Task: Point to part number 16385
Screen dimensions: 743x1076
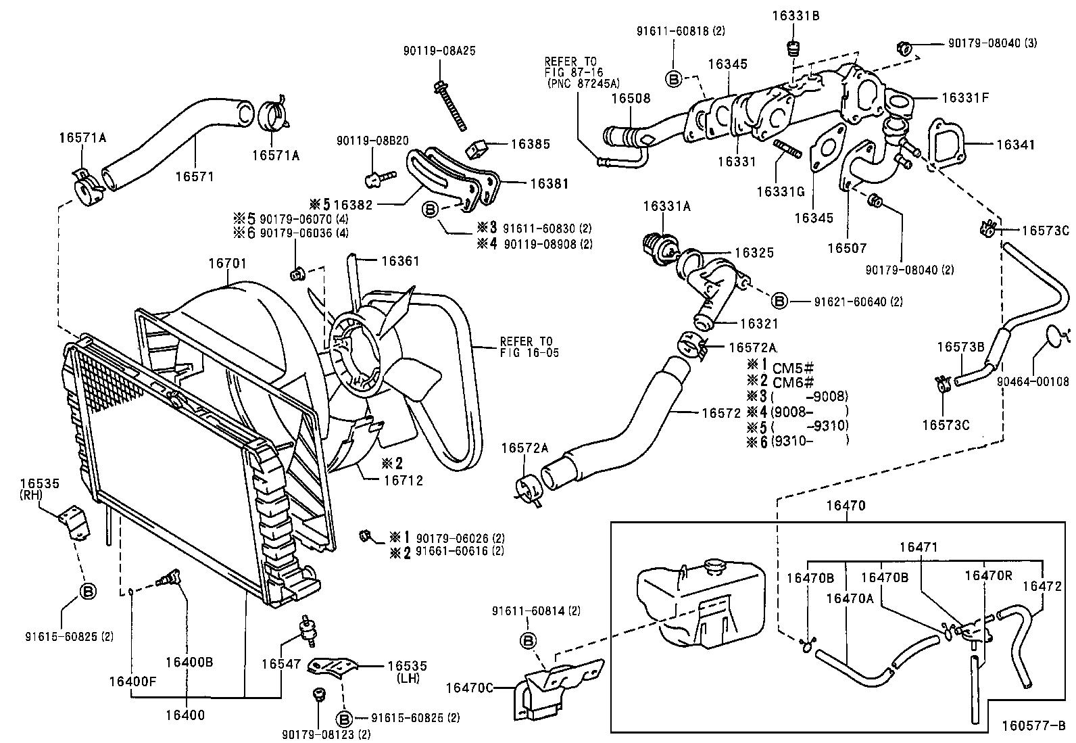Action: click(531, 144)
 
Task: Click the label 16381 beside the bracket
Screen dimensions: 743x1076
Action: click(549, 183)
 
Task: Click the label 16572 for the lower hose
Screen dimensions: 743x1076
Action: click(721, 413)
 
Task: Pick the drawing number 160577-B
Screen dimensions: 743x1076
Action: click(1033, 726)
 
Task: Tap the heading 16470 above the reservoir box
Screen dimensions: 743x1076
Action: click(844, 506)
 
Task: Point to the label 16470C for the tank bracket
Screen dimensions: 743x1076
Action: click(468, 688)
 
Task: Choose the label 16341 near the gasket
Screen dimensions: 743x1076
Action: click(1015, 144)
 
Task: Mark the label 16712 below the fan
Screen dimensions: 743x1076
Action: click(403, 481)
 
